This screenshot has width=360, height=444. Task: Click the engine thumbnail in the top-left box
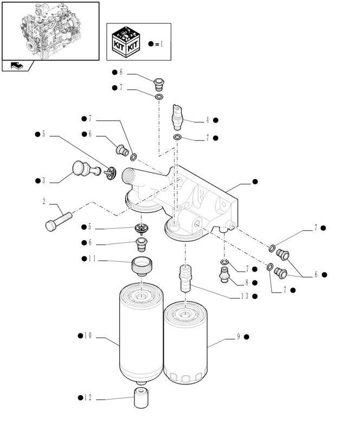[50, 31]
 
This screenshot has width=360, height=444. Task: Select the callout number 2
[44, 202]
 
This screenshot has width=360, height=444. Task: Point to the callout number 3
[44, 181]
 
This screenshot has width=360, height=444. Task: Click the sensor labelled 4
[177, 115]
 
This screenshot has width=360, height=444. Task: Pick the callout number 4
[207, 120]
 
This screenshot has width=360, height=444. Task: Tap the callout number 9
[238, 337]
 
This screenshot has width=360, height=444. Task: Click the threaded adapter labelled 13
[185, 278]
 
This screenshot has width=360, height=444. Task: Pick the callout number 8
[246, 282]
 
